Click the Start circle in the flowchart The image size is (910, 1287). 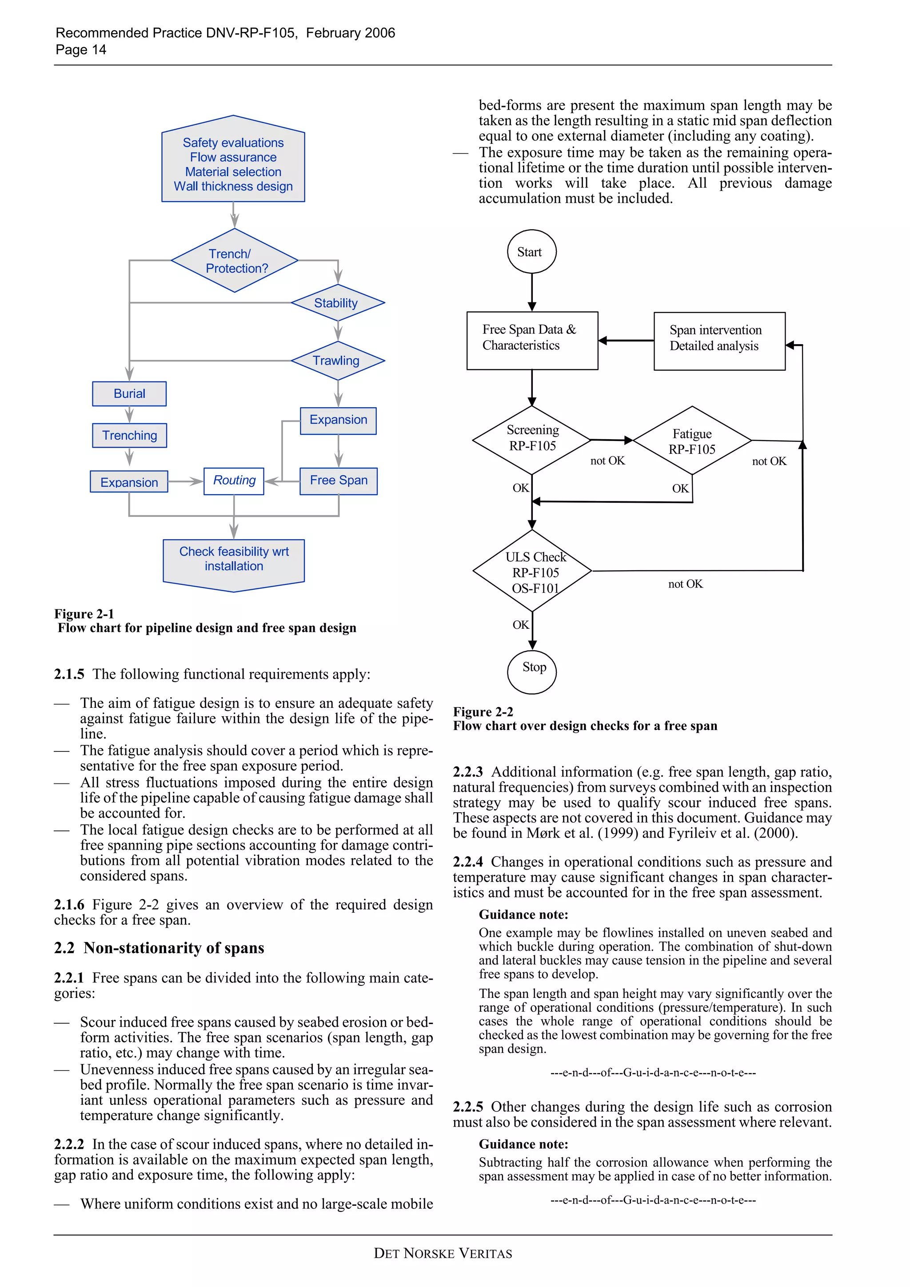point(531,252)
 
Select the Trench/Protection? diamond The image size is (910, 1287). point(234,261)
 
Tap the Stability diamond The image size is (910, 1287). point(337,303)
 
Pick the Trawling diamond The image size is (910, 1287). point(337,361)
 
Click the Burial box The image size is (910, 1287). point(129,393)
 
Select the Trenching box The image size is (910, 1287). point(129,436)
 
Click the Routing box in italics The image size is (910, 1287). point(234,481)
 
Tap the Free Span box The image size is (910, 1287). point(338,481)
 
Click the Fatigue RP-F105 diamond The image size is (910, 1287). point(692,441)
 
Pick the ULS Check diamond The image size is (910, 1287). point(532,571)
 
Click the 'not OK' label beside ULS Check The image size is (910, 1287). point(685,584)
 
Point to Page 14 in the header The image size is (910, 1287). point(81,50)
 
